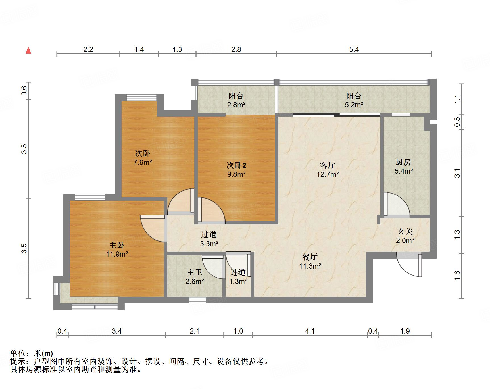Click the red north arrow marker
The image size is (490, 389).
(28, 51)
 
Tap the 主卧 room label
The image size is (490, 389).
(117, 245)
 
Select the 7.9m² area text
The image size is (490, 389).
(143, 163)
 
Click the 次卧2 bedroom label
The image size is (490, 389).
(236, 165)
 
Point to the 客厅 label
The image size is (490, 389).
(328, 165)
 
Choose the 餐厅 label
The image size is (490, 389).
(310, 257)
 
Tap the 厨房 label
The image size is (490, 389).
(403, 162)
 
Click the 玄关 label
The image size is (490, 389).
(405, 232)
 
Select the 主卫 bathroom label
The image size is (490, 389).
(195, 272)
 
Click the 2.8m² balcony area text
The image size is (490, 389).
(236, 105)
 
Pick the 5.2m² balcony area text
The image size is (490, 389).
(354, 105)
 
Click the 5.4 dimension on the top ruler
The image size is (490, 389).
(354, 49)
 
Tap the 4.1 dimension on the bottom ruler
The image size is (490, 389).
(310, 331)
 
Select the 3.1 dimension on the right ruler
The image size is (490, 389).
(457, 173)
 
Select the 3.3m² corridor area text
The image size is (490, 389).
(209, 244)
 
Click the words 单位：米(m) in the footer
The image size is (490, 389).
(31, 353)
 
